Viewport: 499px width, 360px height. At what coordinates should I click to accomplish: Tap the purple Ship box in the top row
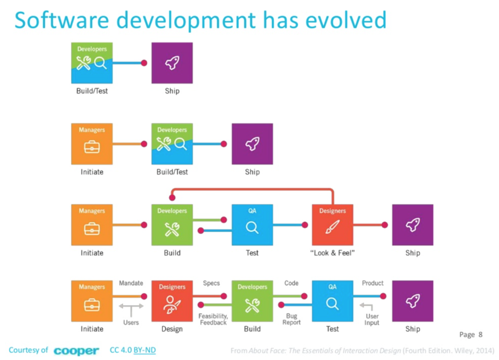click(172, 62)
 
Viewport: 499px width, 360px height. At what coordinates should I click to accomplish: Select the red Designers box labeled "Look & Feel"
click(332, 225)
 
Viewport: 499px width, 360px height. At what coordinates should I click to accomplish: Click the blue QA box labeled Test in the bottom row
click(332, 301)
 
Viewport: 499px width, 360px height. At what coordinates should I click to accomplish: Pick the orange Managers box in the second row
click(92, 144)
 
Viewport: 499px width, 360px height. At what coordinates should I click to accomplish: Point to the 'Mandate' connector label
click(131, 283)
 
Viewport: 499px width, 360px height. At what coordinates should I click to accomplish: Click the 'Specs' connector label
click(211, 283)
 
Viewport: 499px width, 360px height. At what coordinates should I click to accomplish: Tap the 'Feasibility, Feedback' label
click(213, 319)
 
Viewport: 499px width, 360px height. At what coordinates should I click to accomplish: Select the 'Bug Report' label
click(292, 319)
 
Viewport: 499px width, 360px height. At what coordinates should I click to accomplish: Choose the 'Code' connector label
click(291, 283)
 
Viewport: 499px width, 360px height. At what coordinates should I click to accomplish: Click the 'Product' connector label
click(372, 283)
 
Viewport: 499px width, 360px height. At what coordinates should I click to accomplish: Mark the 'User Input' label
click(372, 319)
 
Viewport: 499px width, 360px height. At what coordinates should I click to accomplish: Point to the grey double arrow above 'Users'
click(131, 306)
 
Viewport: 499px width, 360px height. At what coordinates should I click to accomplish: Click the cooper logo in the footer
click(76, 351)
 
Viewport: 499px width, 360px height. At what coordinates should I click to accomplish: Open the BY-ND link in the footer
click(145, 350)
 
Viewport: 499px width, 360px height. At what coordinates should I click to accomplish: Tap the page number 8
click(480, 334)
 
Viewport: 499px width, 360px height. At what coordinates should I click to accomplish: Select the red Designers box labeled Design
click(172, 301)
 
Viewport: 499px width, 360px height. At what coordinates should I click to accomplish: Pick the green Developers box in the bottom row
click(252, 301)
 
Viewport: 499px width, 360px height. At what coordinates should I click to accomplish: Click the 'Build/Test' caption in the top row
click(92, 91)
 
